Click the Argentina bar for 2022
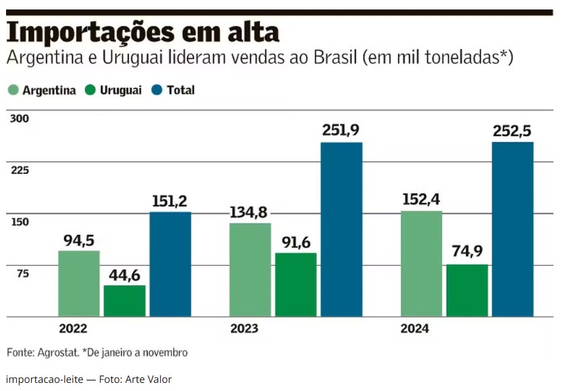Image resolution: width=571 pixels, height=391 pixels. point(79,283)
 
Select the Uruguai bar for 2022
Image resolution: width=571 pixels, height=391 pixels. point(124,301)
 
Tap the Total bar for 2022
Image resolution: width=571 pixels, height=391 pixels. point(170,264)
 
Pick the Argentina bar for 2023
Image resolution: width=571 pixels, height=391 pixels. point(250,269)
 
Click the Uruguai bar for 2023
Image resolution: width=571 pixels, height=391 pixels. point(296,285)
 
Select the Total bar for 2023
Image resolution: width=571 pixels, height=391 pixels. point(341,229)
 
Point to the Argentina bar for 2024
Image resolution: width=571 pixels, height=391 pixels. point(422,264)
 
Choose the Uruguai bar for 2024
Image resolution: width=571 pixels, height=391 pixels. point(467,290)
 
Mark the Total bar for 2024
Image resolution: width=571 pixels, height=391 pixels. point(513,229)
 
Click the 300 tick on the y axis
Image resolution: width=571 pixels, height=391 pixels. point(20,119)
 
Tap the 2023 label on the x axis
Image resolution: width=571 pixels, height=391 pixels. point(244,329)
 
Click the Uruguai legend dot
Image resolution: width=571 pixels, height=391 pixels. point(91,90)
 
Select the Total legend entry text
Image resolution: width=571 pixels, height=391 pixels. point(180,90)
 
